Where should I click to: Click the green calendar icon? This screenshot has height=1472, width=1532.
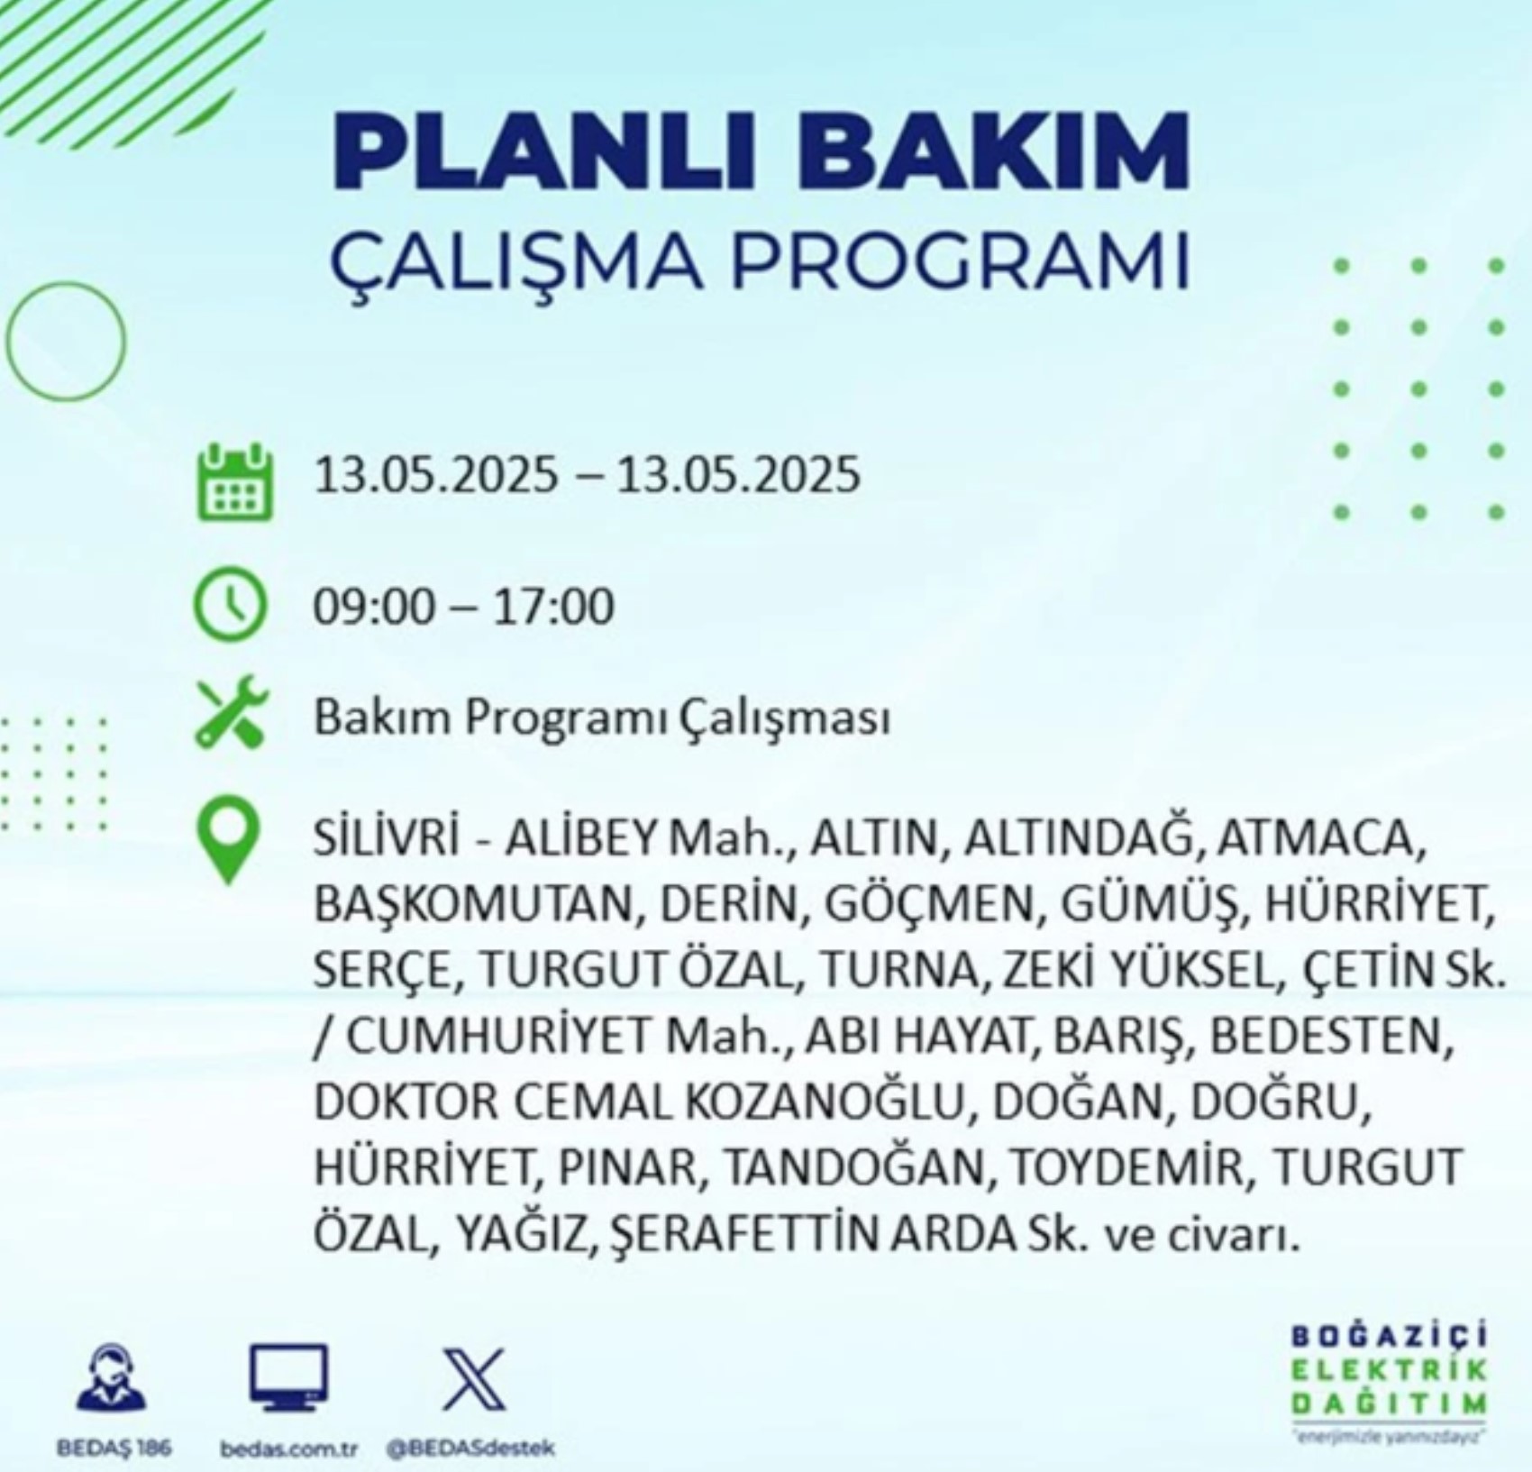[234, 481]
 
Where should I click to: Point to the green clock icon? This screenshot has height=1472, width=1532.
[231, 606]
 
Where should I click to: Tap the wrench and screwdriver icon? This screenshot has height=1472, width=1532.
[232, 712]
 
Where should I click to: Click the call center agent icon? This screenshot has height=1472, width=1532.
[111, 1376]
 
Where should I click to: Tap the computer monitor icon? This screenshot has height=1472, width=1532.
[288, 1377]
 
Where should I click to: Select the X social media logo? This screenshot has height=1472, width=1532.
[474, 1379]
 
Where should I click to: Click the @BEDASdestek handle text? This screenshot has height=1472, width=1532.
[470, 1449]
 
